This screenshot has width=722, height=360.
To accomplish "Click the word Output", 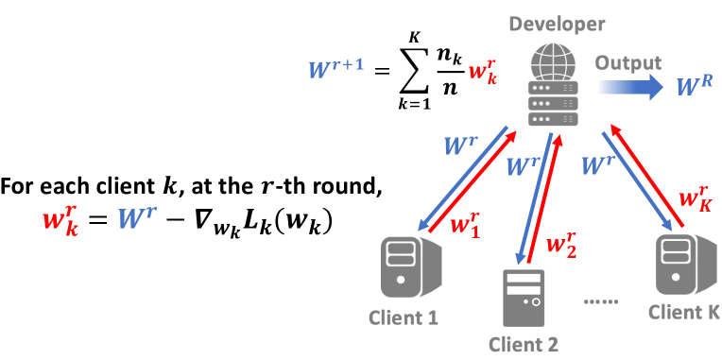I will pos(627,63).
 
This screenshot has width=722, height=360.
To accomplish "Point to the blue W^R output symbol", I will pos(694,89).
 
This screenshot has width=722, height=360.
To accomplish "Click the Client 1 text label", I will pos(404,317).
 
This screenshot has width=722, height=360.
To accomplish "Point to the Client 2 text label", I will pos(524,346).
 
